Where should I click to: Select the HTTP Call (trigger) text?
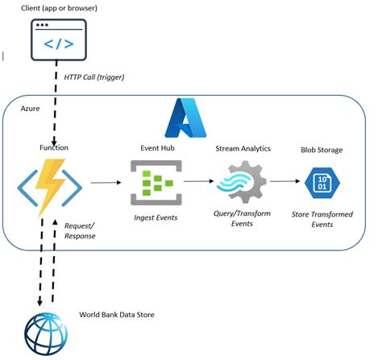[x=94, y=77]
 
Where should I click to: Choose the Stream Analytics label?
[x=243, y=149]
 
